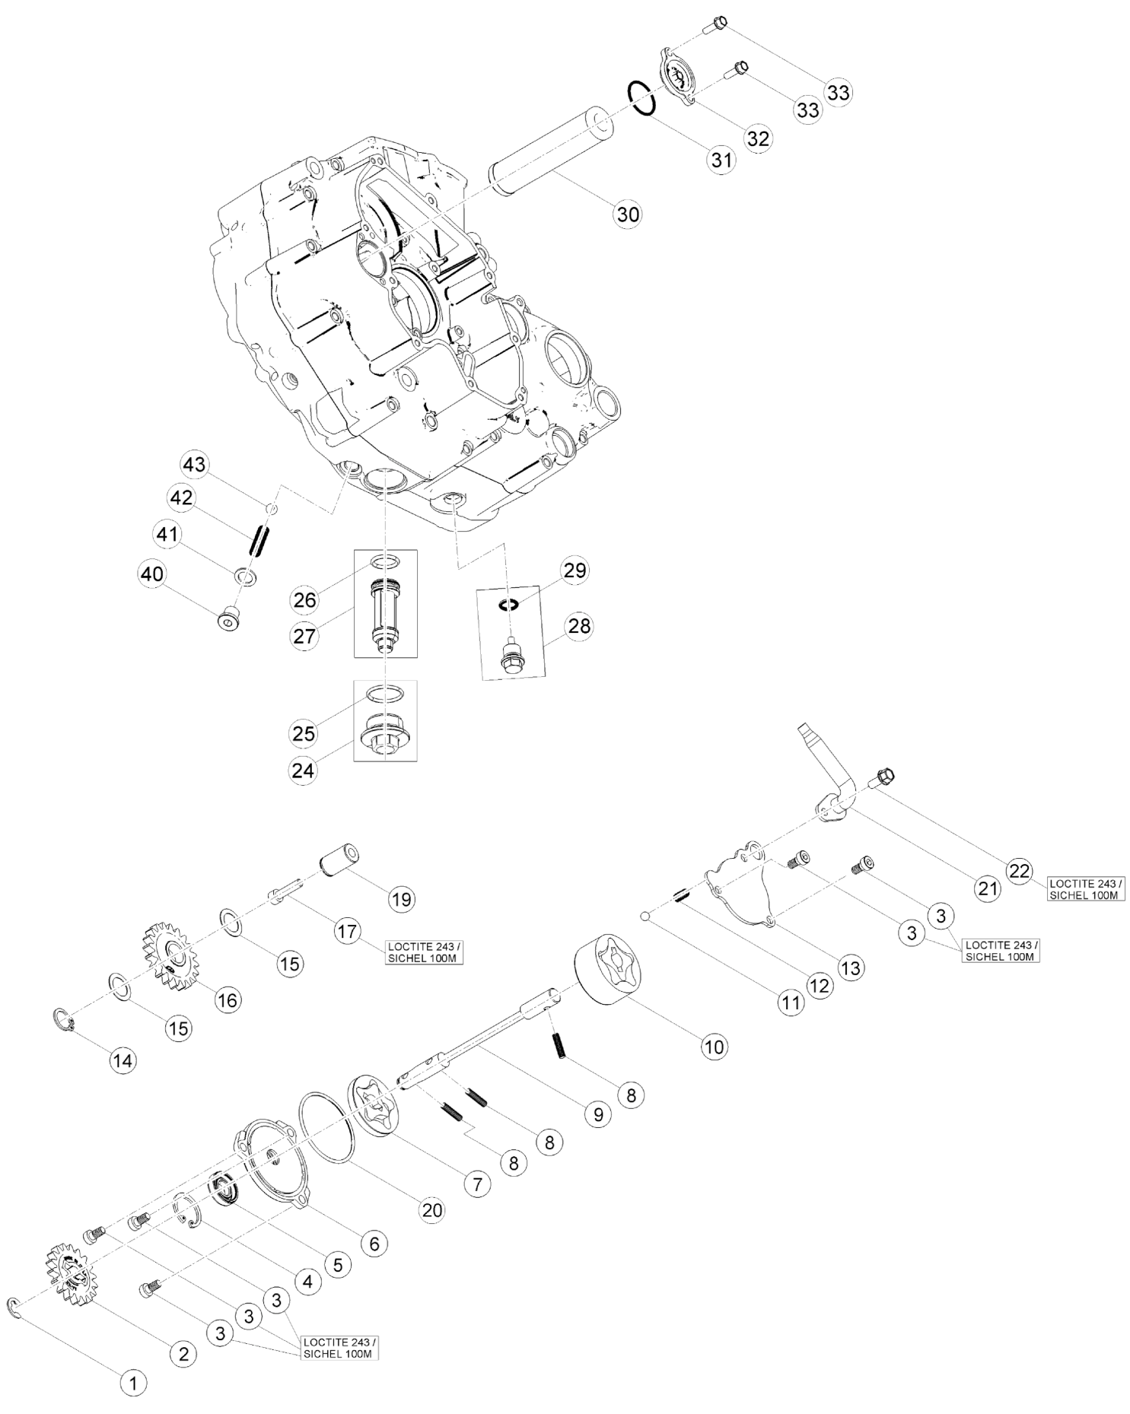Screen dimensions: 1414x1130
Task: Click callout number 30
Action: coord(628,214)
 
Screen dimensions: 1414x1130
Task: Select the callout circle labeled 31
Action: coord(720,160)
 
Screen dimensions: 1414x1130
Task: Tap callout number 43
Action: coord(195,464)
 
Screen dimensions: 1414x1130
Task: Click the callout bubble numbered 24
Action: coord(304,771)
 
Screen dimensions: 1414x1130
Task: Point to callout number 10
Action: coord(714,1046)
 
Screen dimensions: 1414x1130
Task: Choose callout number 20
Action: coord(431,1209)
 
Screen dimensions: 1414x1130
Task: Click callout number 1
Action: coord(133,1384)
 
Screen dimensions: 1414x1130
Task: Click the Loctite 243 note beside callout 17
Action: coord(424,952)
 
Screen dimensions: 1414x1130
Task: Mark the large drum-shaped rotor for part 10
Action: coord(606,971)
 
